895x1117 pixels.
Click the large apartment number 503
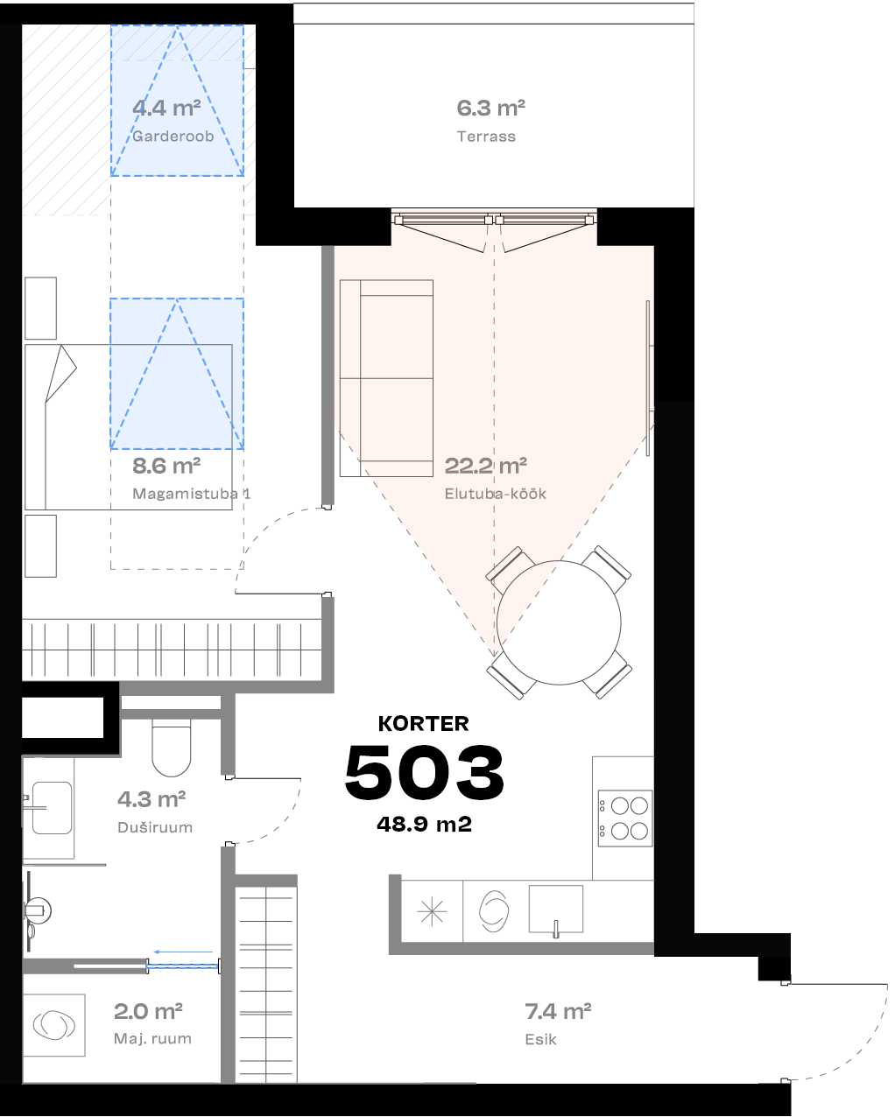pos(425,772)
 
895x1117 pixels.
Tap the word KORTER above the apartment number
pos(424,724)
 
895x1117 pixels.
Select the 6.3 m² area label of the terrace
pos(490,109)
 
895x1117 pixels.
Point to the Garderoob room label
pos(173,137)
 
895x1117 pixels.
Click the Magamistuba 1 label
pos(191,494)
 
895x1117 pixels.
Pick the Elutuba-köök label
pos(495,494)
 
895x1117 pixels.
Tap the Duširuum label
pos(155,827)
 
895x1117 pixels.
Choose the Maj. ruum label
pos(152,1039)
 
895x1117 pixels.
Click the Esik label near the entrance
pos(540,1039)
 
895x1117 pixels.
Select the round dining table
pos(559,622)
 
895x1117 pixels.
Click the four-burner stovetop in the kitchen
pos(624,818)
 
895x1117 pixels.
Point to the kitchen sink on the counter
pos(556,910)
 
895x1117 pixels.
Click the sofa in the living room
pos(386,378)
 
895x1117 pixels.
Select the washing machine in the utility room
pos(53,1025)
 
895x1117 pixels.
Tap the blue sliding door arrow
pos(184,952)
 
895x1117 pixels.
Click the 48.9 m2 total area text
pos(425,824)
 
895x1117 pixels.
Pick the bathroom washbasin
pos(51,807)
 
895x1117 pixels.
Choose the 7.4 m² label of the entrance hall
pos(558,1012)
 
